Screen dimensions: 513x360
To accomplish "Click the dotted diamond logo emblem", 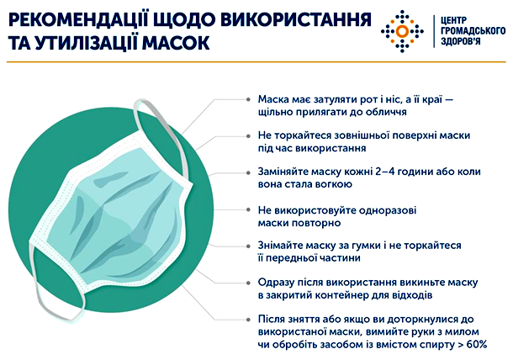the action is [402, 31].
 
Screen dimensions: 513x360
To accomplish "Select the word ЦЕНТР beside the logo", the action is [453, 20].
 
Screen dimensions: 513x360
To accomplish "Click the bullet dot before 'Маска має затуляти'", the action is [249, 99].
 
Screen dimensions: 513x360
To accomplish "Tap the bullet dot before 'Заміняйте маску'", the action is [249, 172].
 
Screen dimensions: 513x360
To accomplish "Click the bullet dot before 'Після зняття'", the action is [249, 320].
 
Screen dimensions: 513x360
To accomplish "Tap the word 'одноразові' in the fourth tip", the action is [388, 210].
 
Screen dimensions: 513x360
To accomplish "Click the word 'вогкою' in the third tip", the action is [333, 184].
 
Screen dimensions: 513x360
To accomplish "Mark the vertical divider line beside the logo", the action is [434, 31].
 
